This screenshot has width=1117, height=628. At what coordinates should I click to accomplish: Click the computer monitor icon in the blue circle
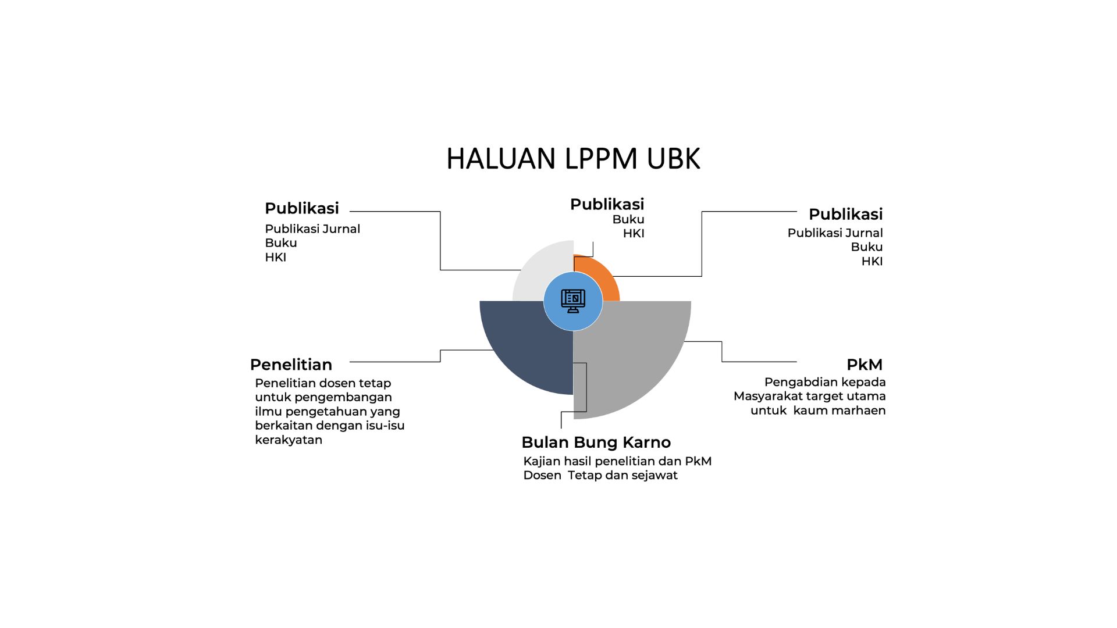pos(573,301)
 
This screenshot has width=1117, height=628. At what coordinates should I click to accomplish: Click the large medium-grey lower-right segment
pos(634,361)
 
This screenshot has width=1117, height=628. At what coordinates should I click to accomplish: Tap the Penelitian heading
pos(291,365)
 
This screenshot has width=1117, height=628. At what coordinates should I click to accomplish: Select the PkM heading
pos(864,365)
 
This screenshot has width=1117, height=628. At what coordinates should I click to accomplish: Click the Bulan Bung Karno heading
pos(596,443)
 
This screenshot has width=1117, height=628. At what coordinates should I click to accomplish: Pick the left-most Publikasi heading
pos(301,208)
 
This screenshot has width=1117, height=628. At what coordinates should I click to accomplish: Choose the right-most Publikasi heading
pos(845,214)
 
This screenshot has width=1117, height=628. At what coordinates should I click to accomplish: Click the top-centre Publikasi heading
pos(607,204)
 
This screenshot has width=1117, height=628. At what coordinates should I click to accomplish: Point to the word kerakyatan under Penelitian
pos(289,440)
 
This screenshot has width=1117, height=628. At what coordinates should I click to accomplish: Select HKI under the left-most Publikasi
pos(275,258)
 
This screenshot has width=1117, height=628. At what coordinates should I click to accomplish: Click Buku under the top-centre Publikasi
pos(628,220)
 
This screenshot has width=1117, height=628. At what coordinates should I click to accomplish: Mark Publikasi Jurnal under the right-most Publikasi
pos(835,233)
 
